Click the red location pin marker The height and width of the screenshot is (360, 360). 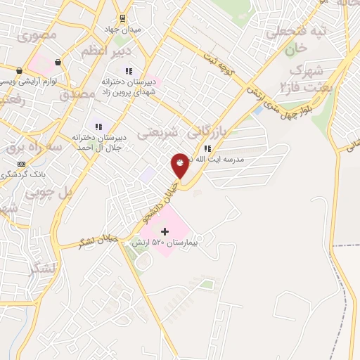coord(180,165)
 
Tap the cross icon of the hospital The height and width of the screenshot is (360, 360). coord(165,231)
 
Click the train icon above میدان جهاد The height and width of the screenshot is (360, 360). coord(123,18)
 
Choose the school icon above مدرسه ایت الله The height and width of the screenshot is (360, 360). coord(207,148)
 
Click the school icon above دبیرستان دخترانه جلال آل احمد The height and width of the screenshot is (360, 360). coord(108,126)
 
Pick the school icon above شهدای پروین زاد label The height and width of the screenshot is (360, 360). coord(128,70)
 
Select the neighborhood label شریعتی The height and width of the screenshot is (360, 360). coord(153,133)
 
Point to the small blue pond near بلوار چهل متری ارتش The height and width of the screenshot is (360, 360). coord(258,110)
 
